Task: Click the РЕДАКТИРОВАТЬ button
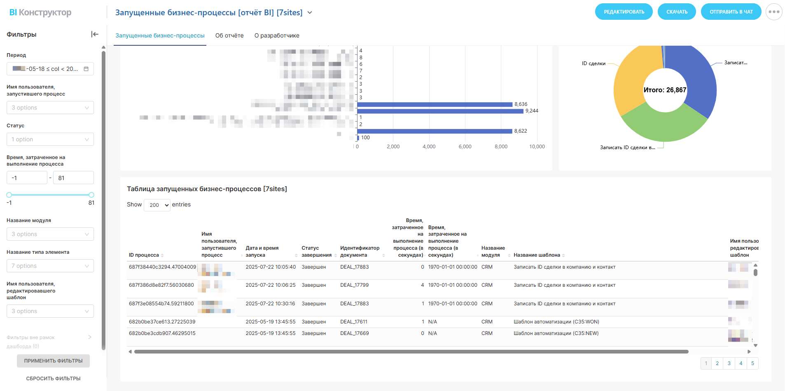[624, 12]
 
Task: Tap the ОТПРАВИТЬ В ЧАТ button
[731, 12]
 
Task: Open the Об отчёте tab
[229, 36]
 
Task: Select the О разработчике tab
[277, 36]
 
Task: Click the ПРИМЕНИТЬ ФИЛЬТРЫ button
[53, 361]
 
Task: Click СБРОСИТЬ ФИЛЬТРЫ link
[53, 379]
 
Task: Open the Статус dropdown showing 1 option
[50, 139]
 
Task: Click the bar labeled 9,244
[440, 111]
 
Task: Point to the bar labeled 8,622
[435, 131]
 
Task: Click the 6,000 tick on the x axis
[465, 147]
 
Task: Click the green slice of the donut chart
[663, 126]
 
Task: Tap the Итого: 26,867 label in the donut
[665, 90]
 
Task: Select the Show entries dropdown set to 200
[157, 205]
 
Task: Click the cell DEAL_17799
[354, 285]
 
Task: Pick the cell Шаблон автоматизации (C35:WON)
[556, 322]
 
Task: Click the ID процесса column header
[144, 255]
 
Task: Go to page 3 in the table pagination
[729, 363]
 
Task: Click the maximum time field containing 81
[73, 178]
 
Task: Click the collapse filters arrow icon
[95, 34]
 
